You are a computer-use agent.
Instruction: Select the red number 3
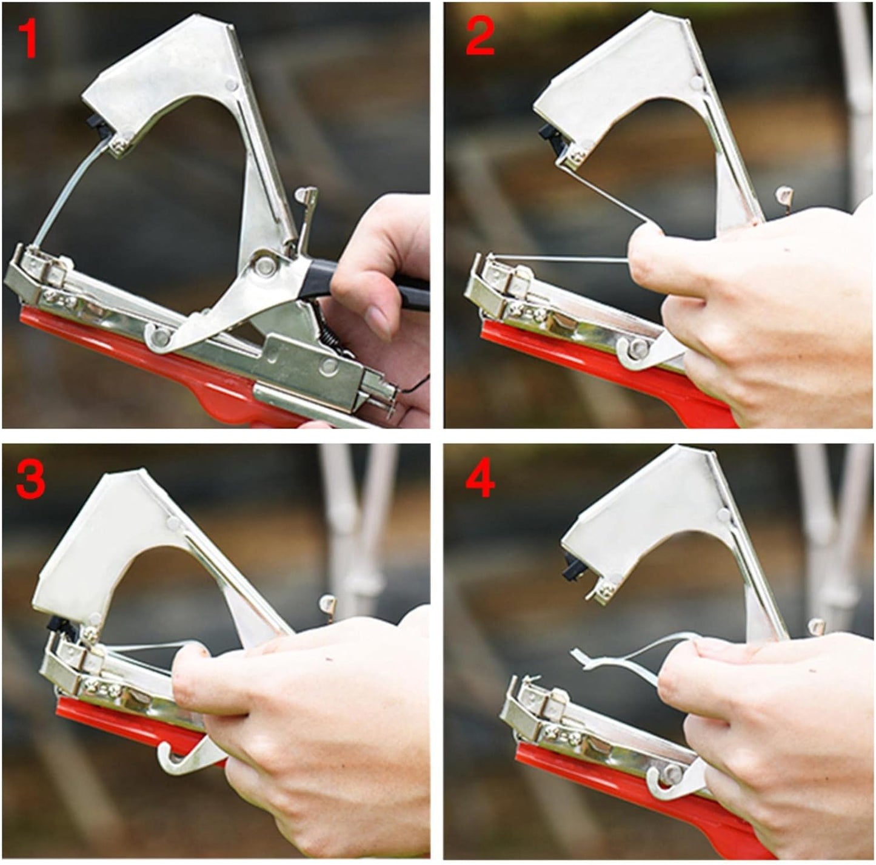click(31, 479)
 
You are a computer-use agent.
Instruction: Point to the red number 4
click(480, 478)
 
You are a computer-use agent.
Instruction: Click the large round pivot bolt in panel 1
click(264, 264)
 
